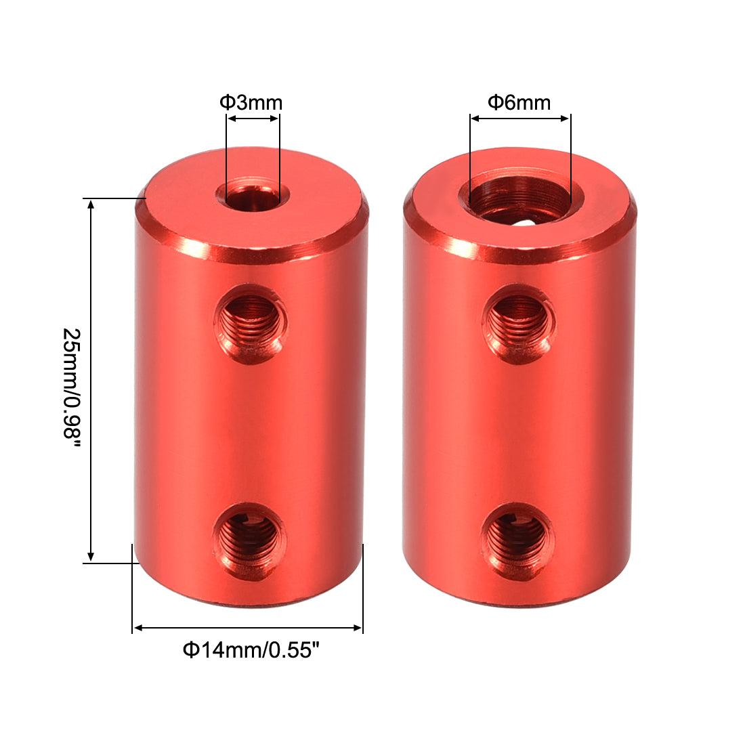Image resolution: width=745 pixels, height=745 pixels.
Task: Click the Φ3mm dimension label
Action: (x=251, y=103)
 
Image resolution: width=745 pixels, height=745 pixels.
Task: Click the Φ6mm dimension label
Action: (x=519, y=103)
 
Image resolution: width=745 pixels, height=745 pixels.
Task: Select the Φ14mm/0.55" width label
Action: (x=251, y=651)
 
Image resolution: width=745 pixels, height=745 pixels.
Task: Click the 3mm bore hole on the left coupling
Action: (x=253, y=196)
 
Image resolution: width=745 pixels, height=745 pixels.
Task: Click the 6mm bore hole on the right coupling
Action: (x=519, y=198)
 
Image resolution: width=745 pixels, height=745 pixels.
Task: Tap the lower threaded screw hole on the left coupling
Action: (x=249, y=540)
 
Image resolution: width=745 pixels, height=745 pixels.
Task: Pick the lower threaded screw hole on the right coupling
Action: (x=517, y=540)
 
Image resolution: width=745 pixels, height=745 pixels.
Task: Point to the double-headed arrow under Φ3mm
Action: (x=253, y=119)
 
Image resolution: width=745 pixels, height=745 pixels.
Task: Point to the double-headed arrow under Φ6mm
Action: (x=520, y=119)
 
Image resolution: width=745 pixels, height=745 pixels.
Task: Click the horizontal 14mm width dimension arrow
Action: (x=248, y=628)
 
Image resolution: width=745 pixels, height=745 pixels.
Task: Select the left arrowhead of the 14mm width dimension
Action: (x=137, y=628)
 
